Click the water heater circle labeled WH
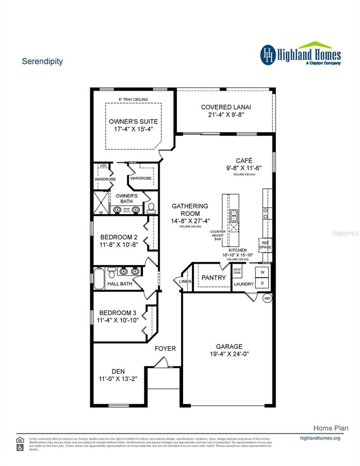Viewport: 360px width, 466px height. [267, 298]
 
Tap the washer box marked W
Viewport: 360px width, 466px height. [262, 272]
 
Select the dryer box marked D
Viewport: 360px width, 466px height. [262, 283]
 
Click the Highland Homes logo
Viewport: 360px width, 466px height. [300, 54]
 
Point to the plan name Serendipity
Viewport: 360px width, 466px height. [42, 61]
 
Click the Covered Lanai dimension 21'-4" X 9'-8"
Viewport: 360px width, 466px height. [226, 115]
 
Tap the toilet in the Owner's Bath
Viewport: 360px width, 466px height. [151, 208]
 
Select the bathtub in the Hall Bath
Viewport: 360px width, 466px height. [99, 278]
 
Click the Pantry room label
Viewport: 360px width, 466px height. [213, 278]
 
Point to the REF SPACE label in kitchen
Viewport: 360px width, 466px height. [265, 245]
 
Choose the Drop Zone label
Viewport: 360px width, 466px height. [237, 271]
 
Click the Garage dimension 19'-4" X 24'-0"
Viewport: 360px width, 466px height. [229, 354]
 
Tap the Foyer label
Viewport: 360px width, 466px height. [165, 349]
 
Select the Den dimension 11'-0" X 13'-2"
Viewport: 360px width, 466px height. [118, 379]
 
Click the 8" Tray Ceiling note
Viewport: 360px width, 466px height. [133, 99]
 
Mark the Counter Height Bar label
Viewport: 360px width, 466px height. [218, 235]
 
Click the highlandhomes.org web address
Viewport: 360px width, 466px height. [320, 438]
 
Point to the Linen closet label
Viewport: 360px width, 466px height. [185, 281]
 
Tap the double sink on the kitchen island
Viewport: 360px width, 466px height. [234, 215]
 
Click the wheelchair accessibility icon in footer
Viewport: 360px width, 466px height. [20, 447]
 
